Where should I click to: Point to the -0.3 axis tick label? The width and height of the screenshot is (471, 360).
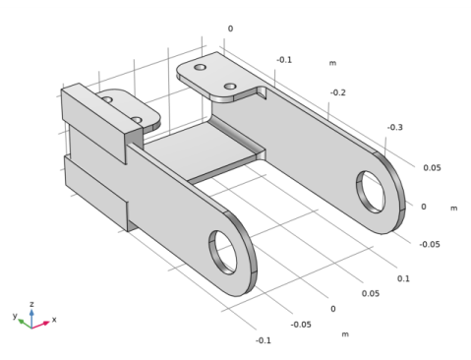(395, 127)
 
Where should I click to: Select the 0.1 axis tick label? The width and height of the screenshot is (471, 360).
(403, 278)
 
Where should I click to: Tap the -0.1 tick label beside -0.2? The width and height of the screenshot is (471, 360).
(283, 60)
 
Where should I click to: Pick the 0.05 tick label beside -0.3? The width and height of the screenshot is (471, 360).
(432, 167)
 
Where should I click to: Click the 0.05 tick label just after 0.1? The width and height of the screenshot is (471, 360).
(370, 293)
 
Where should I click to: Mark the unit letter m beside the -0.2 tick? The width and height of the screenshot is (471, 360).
(331, 63)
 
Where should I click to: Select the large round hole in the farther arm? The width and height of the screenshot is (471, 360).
(373, 188)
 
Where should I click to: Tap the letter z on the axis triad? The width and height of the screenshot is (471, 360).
(31, 304)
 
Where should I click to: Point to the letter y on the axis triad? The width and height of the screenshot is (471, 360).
(14, 317)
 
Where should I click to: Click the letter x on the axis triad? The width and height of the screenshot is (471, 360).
(53, 320)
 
